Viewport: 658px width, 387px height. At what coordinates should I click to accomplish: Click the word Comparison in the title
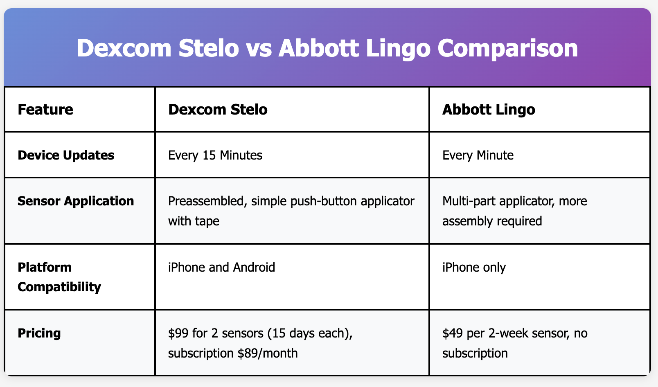[507, 48]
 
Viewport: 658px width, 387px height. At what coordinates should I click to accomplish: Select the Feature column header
[45, 110]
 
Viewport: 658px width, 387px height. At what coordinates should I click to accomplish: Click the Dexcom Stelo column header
[218, 110]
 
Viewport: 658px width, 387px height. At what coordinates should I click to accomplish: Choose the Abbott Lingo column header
[489, 110]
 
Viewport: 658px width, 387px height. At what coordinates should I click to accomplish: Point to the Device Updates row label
[66, 155]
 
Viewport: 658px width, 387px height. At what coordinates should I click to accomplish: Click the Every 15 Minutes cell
[215, 155]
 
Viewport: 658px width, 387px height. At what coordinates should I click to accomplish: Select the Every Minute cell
[478, 155]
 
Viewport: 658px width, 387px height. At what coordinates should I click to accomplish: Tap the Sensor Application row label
[75, 201]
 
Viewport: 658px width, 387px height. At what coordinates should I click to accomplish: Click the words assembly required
[492, 221]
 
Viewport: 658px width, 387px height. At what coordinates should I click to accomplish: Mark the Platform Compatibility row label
[59, 277]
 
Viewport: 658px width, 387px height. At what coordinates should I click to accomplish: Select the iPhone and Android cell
[221, 267]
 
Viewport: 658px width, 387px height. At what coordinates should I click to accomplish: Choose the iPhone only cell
[474, 268]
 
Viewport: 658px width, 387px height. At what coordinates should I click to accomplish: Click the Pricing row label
[39, 333]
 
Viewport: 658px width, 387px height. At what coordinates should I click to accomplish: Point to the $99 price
[178, 333]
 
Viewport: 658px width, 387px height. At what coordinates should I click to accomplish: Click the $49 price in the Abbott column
[453, 333]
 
